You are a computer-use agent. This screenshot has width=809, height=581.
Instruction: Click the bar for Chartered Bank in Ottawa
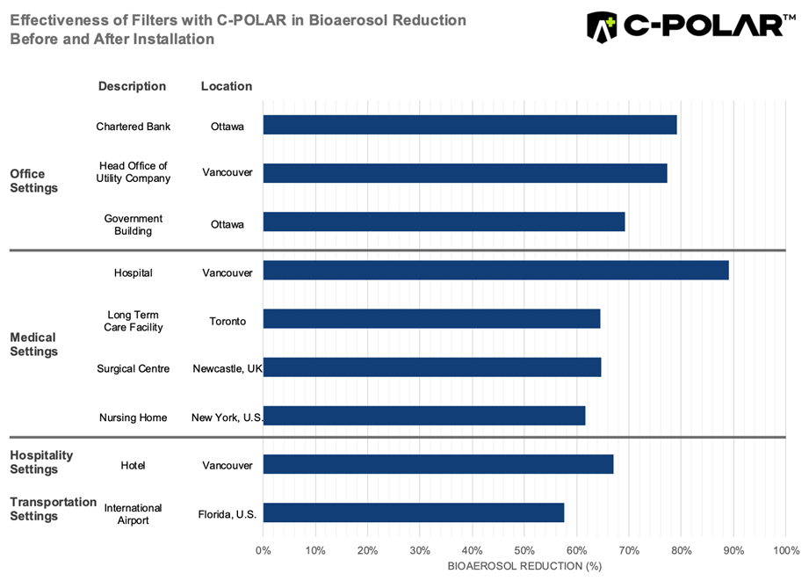click(470, 125)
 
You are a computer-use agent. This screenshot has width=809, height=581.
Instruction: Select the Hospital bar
click(495, 271)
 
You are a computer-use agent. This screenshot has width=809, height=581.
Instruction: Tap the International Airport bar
click(413, 512)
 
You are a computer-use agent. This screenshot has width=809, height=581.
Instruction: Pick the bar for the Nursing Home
click(424, 416)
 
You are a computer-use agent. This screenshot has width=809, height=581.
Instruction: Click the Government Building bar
click(444, 222)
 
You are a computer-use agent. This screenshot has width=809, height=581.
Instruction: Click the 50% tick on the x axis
click(524, 551)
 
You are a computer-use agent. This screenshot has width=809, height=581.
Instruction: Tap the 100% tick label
click(785, 551)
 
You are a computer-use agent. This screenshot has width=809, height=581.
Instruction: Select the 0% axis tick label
click(264, 551)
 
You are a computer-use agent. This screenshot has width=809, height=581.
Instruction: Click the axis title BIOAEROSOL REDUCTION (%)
click(524, 566)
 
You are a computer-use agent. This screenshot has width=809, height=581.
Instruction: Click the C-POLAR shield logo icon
click(602, 26)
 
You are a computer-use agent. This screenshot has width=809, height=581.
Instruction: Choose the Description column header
click(132, 86)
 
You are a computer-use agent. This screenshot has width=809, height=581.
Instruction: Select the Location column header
click(227, 86)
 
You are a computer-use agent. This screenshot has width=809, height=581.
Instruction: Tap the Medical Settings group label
click(33, 344)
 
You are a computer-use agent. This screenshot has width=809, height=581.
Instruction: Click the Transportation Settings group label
click(53, 509)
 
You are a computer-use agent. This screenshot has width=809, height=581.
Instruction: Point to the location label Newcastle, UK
click(228, 368)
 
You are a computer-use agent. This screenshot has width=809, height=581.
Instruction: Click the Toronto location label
click(228, 321)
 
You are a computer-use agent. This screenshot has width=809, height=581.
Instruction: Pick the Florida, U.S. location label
click(228, 513)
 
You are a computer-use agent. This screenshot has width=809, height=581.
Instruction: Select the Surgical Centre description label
click(134, 368)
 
